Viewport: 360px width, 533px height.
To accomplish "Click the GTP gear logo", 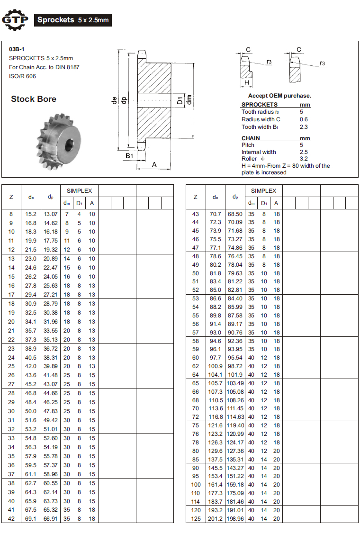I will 15,20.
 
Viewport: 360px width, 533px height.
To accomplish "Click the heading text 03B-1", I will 17,49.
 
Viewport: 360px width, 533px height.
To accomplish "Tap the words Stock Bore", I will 34,99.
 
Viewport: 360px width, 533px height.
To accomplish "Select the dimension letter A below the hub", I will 154,164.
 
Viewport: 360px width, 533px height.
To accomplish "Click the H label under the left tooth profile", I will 247,82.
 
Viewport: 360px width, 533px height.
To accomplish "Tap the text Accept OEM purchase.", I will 279,96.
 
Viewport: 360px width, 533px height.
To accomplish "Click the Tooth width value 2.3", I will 304,126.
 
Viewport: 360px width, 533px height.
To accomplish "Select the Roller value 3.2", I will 304,159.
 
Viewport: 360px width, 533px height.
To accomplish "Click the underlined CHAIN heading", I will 251,138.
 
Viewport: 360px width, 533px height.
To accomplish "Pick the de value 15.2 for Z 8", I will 31,214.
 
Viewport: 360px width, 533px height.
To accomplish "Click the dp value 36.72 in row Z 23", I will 51,348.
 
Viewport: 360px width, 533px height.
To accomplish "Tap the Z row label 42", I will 12,519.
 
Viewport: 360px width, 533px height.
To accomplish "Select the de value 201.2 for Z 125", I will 216,519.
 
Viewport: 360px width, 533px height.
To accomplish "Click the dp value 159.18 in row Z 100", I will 235,485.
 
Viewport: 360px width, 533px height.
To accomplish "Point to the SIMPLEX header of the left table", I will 79,190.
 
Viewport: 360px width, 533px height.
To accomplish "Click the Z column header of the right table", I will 195,197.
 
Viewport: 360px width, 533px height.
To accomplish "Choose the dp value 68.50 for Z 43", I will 235,214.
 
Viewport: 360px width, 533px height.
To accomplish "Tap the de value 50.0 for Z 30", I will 31,411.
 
